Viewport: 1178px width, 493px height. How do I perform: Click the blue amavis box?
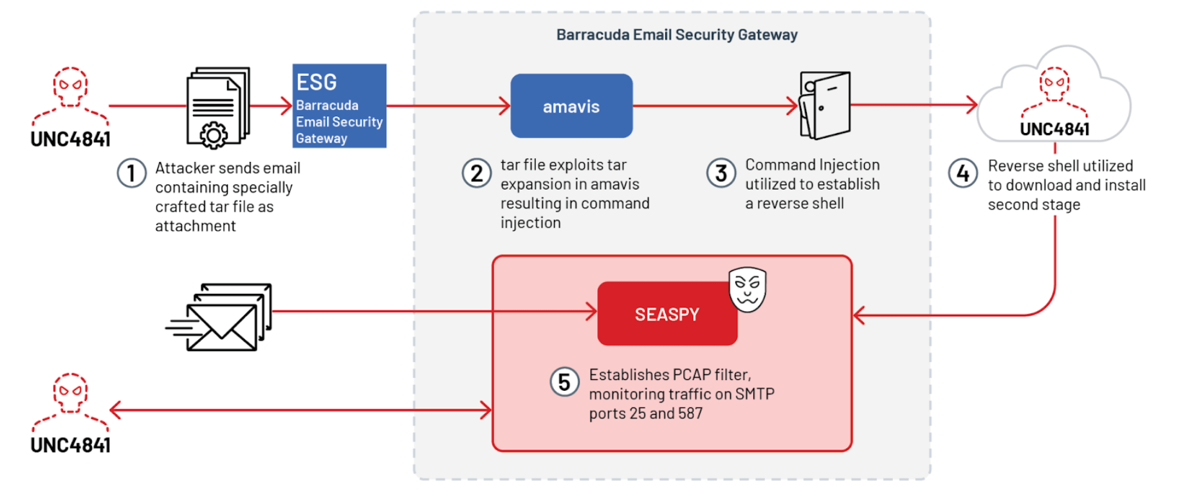pos(571,106)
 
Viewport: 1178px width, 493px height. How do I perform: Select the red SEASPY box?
pos(667,314)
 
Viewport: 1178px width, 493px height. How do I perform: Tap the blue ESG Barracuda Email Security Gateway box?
pos(339,106)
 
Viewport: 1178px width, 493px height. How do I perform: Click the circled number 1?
pos(131,174)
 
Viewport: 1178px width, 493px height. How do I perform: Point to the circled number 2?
pos(477,174)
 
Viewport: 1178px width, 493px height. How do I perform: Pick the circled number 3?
pos(721,173)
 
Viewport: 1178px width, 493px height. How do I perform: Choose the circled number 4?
pos(962,173)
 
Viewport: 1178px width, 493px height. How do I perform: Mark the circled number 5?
pos(564,382)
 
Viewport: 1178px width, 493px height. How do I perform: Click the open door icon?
pos(825,105)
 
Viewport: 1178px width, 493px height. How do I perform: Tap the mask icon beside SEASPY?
pos(748,289)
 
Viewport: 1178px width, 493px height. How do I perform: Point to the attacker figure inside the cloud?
pos(1054,90)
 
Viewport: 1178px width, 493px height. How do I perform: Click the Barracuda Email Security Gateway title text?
pos(677,35)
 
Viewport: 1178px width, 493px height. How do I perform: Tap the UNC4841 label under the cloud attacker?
pos(1054,129)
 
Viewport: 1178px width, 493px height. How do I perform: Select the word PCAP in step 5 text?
pos(692,375)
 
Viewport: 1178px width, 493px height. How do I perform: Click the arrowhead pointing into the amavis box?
pos(505,106)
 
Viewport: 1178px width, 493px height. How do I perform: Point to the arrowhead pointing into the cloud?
pos(972,105)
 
